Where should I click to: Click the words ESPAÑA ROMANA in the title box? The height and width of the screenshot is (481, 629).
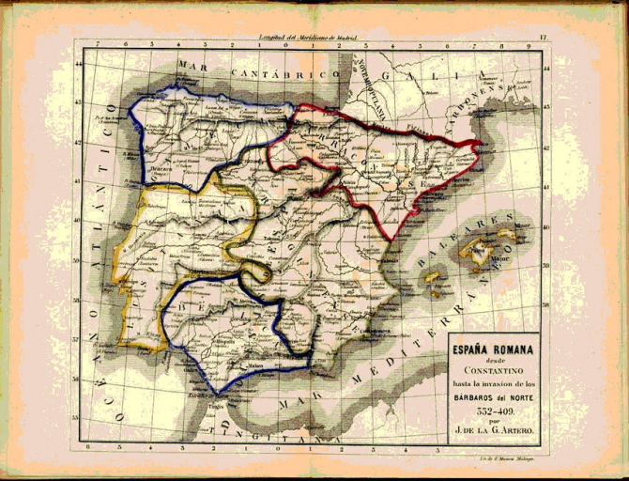(x=494, y=350)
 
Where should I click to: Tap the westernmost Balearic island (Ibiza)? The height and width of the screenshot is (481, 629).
(x=433, y=277)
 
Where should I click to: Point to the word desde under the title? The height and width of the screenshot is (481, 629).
(x=494, y=362)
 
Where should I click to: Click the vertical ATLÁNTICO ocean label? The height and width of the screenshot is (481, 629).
(x=111, y=160)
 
